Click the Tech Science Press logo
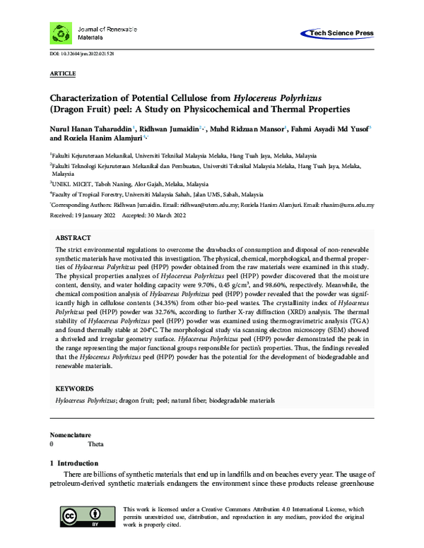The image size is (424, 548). [337, 33]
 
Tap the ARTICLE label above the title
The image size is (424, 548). [63, 73]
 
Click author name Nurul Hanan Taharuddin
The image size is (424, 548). [90, 130]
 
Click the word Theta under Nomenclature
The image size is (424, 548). [95, 445]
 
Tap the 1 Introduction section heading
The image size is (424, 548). [78, 463]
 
